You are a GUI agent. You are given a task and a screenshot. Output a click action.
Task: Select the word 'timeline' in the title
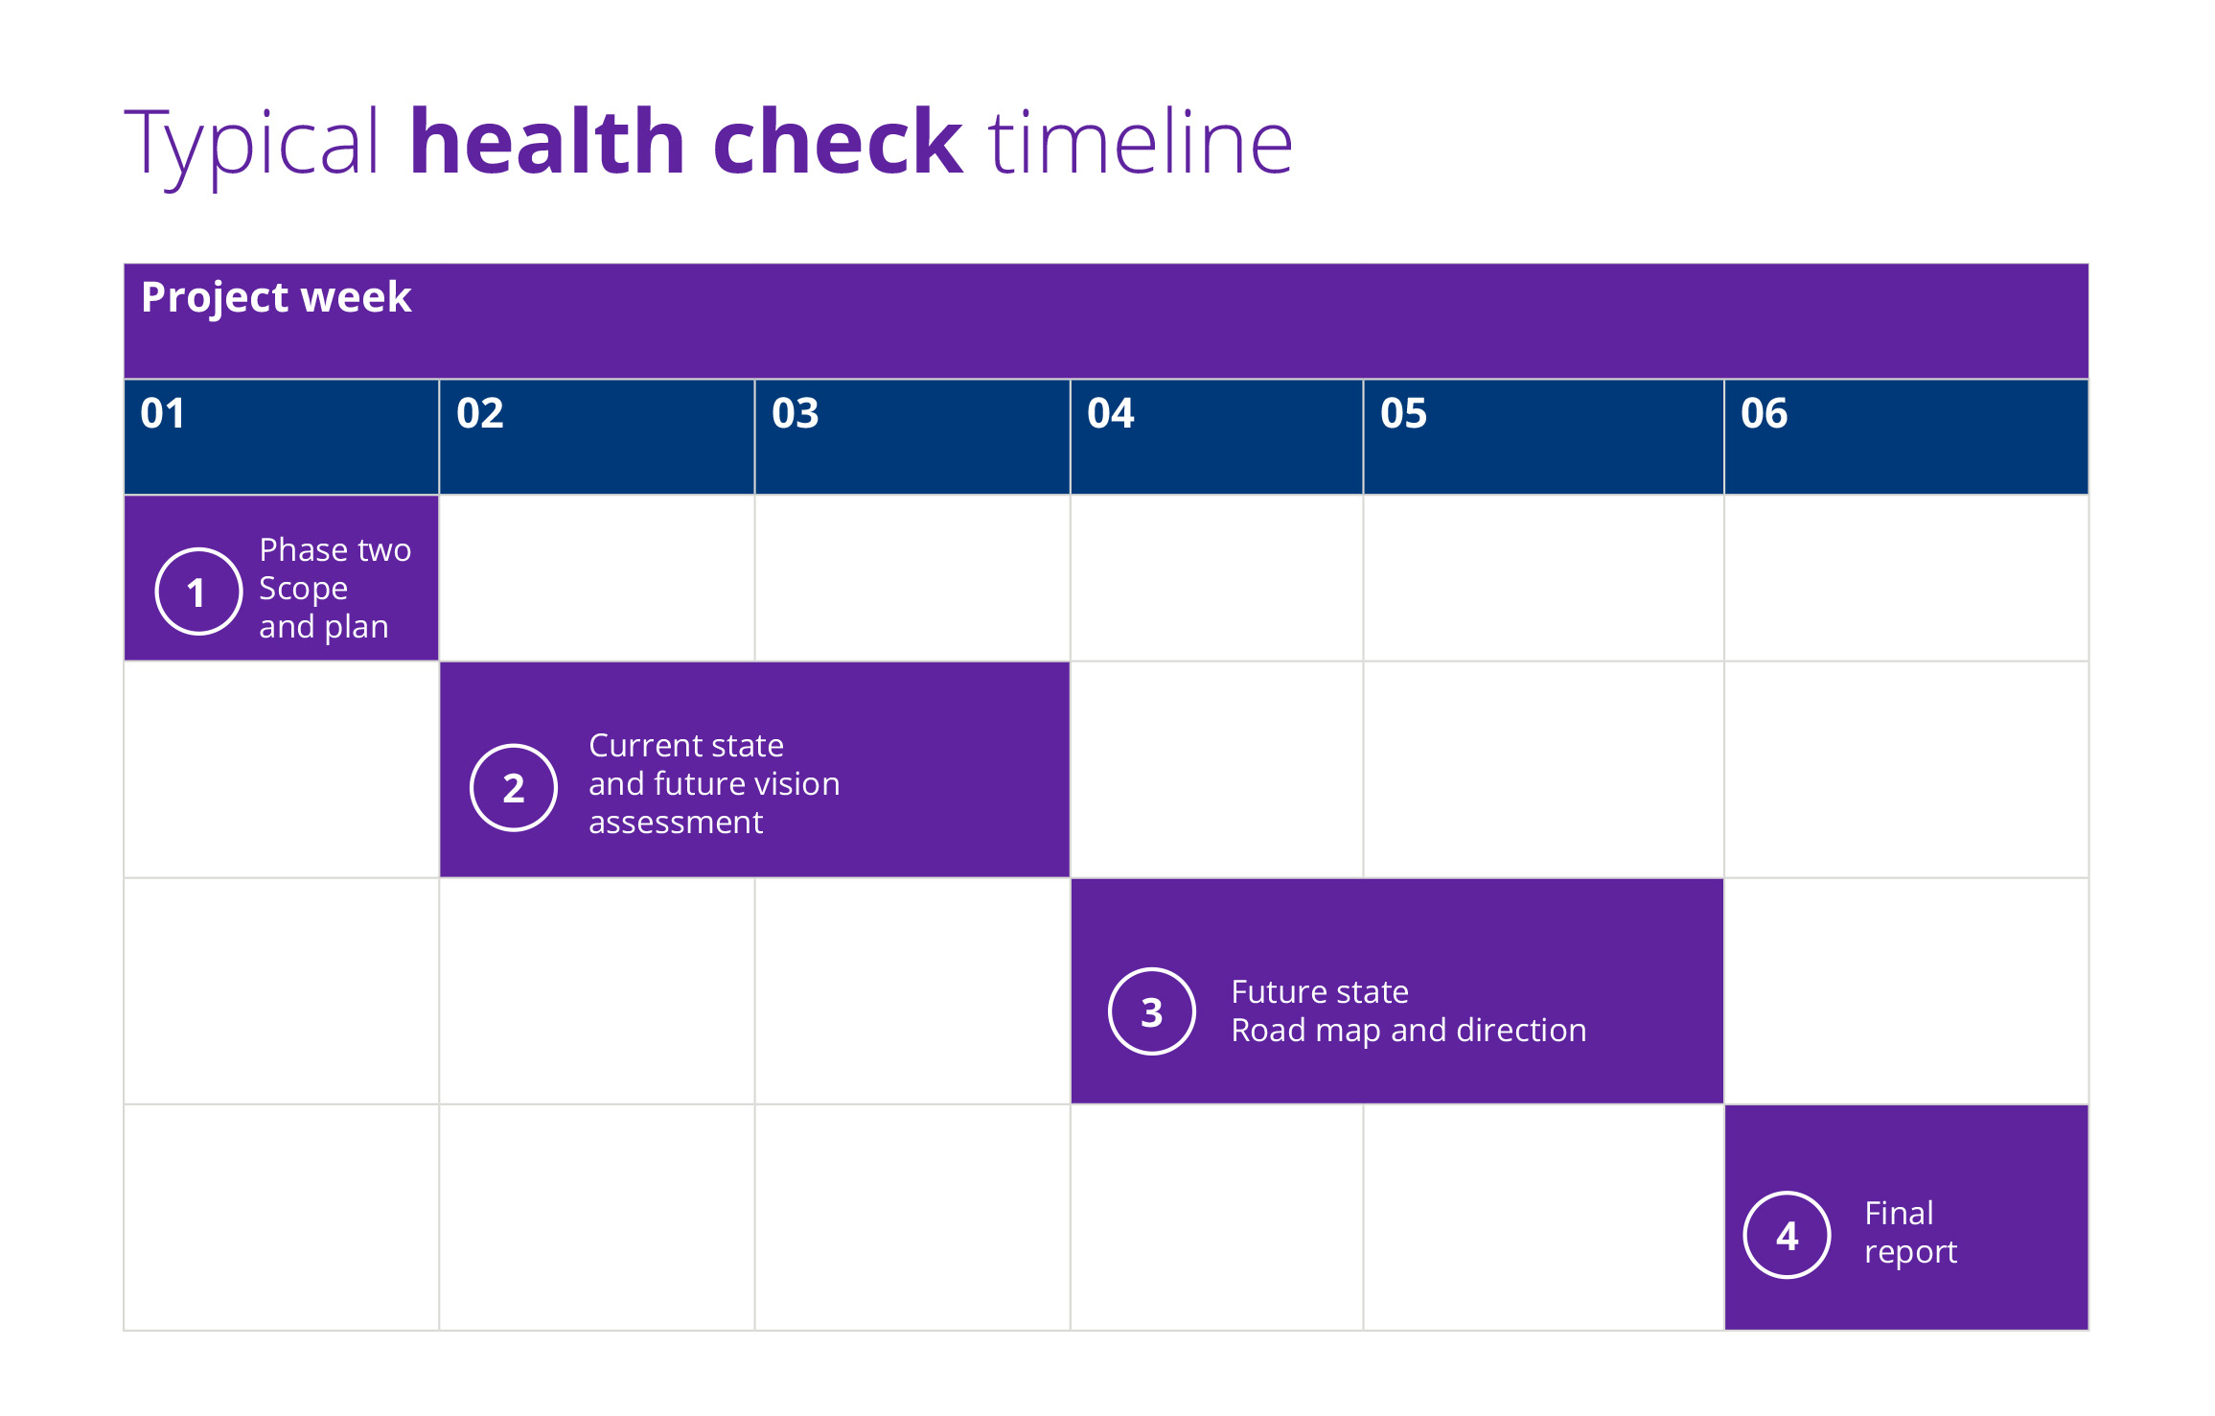(1141, 144)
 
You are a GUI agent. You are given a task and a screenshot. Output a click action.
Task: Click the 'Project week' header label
(276, 297)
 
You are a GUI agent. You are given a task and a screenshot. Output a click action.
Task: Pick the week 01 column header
(163, 413)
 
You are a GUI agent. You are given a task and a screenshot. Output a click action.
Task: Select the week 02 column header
(480, 413)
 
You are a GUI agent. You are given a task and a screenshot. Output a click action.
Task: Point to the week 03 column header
(796, 413)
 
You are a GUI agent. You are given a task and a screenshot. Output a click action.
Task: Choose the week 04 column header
(1111, 413)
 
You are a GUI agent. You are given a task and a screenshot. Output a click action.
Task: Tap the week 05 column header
(1404, 413)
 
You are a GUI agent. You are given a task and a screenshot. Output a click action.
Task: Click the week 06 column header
(1765, 413)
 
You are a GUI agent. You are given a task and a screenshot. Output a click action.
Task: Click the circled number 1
(198, 592)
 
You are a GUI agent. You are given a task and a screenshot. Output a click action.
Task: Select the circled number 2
(514, 788)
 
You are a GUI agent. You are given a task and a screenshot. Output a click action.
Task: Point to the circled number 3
(1152, 1011)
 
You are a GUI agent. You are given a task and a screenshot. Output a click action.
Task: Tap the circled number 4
(1788, 1235)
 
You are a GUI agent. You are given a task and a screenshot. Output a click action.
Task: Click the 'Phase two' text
(335, 550)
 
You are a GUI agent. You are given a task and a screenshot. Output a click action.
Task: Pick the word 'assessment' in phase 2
(676, 823)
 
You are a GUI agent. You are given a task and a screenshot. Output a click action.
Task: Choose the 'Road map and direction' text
(1409, 1031)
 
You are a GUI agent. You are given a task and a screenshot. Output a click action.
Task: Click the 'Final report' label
(1910, 1233)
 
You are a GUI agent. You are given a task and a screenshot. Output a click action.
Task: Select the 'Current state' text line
(686, 746)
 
